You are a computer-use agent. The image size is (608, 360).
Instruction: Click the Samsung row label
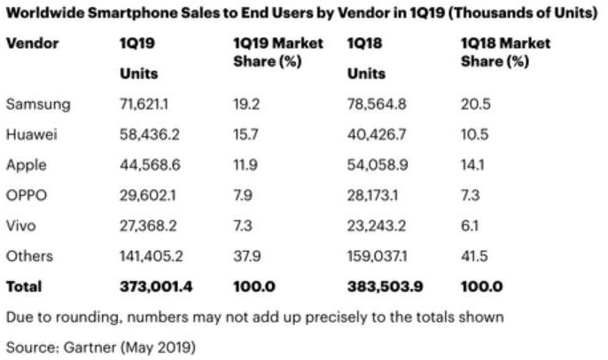point(37,104)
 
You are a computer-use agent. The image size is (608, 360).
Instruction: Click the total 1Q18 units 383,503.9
point(385,286)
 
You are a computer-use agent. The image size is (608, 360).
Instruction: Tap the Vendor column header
point(32,43)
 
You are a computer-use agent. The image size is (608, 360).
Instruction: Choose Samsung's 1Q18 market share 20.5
point(475,104)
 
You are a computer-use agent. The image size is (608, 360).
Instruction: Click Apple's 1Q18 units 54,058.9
point(379,165)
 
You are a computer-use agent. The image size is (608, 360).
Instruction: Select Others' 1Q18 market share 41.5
point(474,256)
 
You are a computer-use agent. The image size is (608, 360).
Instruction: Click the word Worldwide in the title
point(41,12)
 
